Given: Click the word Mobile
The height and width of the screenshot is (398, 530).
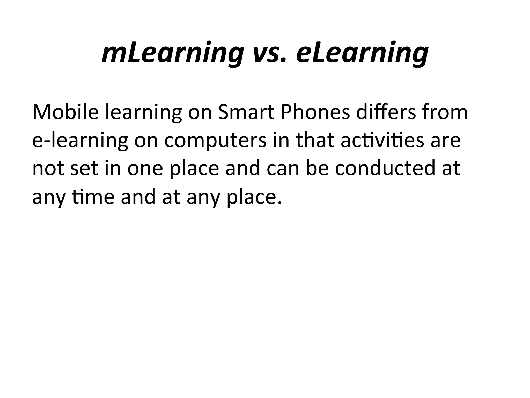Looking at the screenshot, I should click(x=65, y=112).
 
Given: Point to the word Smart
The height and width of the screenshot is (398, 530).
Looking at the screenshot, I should click(x=246, y=112).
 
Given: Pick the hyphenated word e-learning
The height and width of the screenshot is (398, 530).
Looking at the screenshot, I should click(x=80, y=141).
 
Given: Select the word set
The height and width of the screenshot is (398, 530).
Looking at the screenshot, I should click(x=84, y=168).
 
